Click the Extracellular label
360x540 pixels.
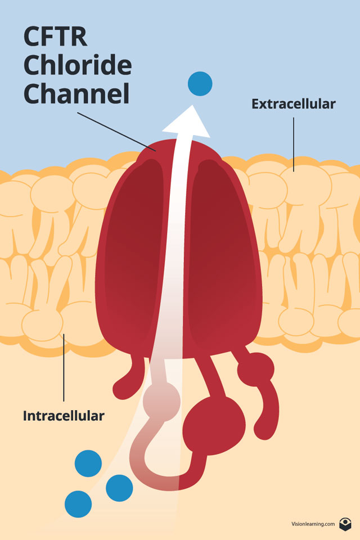(293, 104)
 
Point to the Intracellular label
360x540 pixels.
(64, 416)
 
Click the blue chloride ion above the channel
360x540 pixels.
(200, 84)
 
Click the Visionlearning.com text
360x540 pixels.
(313, 524)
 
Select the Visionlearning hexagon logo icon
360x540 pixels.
(345, 524)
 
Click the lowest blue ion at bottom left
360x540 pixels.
(78, 504)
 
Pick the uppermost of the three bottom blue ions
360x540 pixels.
(88, 463)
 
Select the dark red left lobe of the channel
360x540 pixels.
(135, 247)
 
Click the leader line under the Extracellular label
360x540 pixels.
(294, 141)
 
